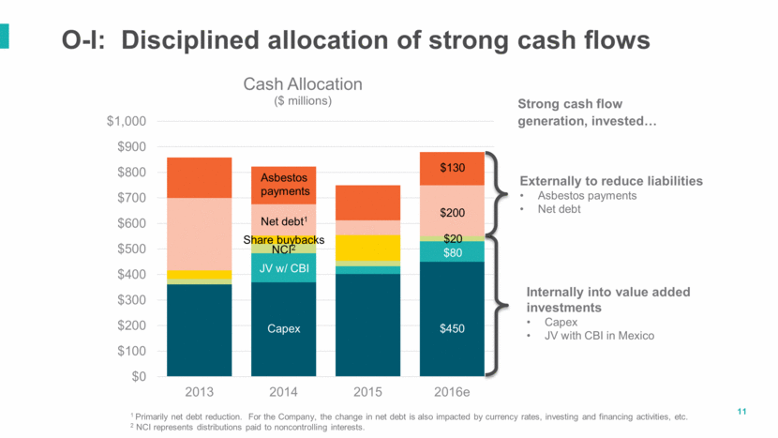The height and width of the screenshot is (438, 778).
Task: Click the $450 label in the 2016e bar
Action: (453, 329)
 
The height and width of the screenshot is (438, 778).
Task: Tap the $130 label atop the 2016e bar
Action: (453, 168)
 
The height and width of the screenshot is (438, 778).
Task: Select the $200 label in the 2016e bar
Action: (453, 213)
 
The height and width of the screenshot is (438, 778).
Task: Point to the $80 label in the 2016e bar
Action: (453, 252)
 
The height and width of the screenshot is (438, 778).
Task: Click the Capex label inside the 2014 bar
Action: (284, 329)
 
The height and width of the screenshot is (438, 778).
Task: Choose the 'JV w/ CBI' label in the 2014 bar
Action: (284, 268)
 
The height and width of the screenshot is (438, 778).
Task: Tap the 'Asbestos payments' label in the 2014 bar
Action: (284, 184)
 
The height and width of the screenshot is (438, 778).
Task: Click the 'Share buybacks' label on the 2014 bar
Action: (284, 240)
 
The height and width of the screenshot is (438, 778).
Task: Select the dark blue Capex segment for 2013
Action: (200, 329)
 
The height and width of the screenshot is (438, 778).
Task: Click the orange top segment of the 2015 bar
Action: (368, 202)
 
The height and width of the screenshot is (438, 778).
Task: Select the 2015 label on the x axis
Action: (368, 390)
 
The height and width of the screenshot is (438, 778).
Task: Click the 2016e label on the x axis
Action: (453, 390)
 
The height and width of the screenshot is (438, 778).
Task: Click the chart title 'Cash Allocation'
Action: (303, 84)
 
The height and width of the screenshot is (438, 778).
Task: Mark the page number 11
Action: (742, 412)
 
